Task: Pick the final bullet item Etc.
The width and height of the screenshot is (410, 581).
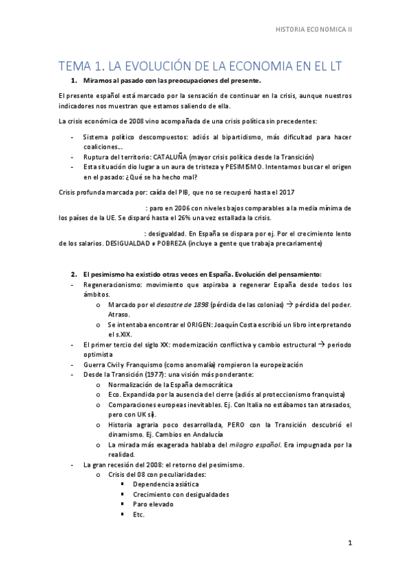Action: pos(139,515)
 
